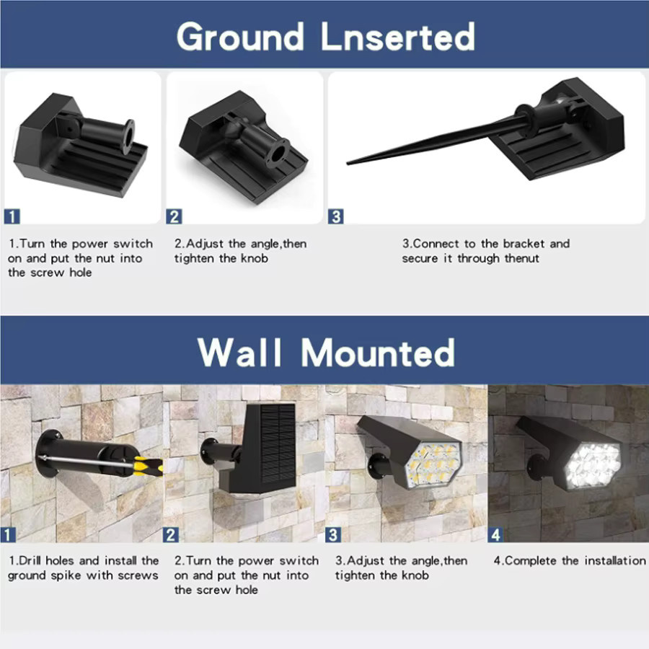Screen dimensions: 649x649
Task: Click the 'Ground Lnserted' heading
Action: (x=326, y=37)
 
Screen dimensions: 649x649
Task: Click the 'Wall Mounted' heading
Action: (x=326, y=352)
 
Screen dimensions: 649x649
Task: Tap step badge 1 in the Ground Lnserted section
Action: (x=12, y=216)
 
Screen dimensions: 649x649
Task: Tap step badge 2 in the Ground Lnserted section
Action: (x=174, y=216)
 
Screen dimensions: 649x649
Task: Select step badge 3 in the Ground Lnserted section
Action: (x=335, y=216)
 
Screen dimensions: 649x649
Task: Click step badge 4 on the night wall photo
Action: (x=496, y=535)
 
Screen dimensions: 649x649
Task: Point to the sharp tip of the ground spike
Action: (x=348, y=163)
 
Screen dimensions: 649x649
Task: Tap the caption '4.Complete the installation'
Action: (x=570, y=560)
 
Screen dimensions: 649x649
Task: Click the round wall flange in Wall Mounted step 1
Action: (x=44, y=454)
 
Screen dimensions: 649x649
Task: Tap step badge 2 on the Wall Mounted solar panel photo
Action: (x=170, y=535)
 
